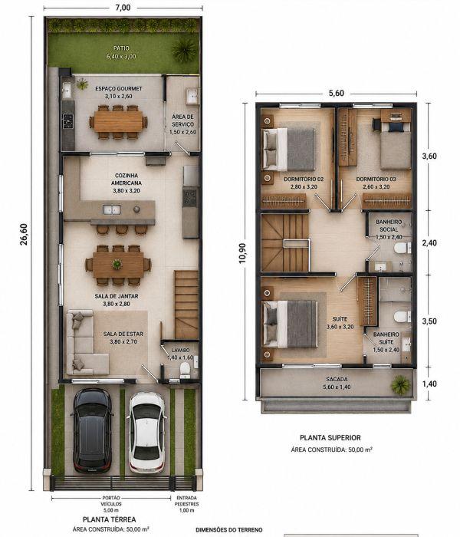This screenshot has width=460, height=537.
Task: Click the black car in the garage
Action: coord(92,431)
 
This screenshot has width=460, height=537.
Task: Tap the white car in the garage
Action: coord(146,433)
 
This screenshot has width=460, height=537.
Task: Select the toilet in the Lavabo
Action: coord(185,371)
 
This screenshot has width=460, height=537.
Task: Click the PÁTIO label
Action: coord(121,48)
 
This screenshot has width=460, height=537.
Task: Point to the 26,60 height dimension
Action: coord(24,234)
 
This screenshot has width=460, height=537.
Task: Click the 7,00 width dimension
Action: coord(123,7)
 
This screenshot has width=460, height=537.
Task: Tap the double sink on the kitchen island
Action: coord(112,209)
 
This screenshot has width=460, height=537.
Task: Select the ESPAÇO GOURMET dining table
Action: coord(118,121)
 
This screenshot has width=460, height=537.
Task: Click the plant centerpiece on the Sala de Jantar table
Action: coord(117,264)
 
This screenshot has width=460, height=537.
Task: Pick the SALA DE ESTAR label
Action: coord(123,334)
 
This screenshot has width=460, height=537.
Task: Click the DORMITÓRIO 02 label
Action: coord(304,179)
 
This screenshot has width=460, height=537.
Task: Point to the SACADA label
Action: coord(337,380)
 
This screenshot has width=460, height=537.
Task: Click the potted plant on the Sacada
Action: coord(400,384)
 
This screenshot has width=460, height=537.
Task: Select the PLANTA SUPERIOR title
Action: coord(330,438)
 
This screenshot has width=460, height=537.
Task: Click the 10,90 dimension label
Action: coord(242,253)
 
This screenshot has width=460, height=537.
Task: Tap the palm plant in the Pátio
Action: coord(184,50)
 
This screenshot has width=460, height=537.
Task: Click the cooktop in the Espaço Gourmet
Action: coord(67,121)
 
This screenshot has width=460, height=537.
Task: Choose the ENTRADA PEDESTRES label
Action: coord(187,501)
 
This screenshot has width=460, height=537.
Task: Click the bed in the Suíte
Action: coord(291,324)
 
